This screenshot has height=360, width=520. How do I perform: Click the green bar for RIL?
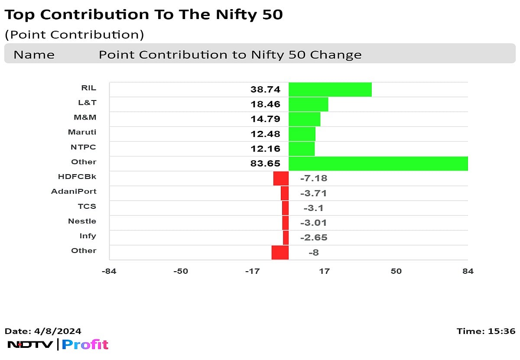click(x=330, y=90)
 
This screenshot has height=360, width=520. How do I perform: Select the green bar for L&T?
click(x=308, y=104)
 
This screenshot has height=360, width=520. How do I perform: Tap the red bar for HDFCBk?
click(x=281, y=178)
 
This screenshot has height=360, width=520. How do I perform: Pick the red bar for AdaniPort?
click(x=285, y=193)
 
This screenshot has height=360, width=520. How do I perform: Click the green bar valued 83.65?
click(x=378, y=164)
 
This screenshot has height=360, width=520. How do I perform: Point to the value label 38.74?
click(x=265, y=90)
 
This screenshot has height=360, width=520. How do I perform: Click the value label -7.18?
click(x=313, y=178)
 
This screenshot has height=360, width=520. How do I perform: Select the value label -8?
click(x=313, y=253)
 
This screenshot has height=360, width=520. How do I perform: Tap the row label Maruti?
click(x=82, y=132)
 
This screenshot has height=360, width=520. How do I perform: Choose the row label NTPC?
click(x=83, y=147)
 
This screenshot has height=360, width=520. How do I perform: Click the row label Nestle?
click(x=82, y=221)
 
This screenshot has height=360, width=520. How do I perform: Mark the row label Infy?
click(x=88, y=236)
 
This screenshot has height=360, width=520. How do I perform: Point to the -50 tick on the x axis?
click(x=181, y=271)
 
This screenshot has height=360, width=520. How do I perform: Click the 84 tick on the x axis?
click(x=468, y=271)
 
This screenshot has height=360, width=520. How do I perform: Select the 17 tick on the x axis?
click(x=324, y=271)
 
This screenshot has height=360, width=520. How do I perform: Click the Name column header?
click(x=34, y=55)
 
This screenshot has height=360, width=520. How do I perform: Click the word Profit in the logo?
click(x=85, y=345)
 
